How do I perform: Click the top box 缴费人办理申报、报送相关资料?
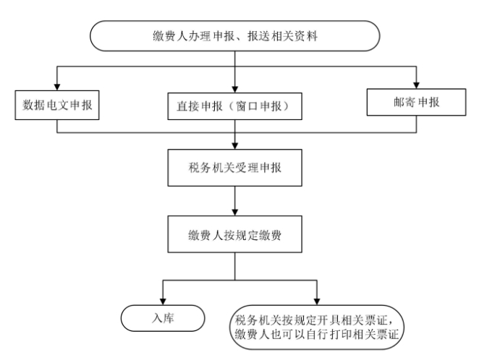pyautogui.click(x=234, y=35)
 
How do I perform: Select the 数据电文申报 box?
pyautogui.click(x=57, y=105)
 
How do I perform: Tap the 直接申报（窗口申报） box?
pyautogui.click(x=234, y=106)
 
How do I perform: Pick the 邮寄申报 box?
pyautogui.click(x=416, y=102)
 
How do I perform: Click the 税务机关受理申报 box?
pyautogui.click(x=234, y=168)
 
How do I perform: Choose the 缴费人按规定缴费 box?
pyautogui.click(x=234, y=234)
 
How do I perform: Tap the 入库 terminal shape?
pyautogui.click(x=163, y=318)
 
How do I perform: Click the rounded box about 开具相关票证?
pyautogui.click(x=317, y=327)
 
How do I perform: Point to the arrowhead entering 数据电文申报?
pyautogui.click(x=57, y=87)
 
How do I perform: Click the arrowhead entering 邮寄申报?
pyautogui.click(x=417, y=85)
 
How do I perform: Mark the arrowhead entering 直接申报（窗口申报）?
pyautogui.click(x=234, y=89)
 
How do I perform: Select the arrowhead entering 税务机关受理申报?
pyautogui.click(x=234, y=146)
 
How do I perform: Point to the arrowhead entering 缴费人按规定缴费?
pyautogui.click(x=234, y=213)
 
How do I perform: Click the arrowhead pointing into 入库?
pyautogui.click(x=163, y=301)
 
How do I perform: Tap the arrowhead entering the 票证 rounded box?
pyautogui.click(x=317, y=301)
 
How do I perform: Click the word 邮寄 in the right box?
pyautogui.click(x=405, y=102)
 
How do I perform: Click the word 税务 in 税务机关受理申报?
pyautogui.click(x=200, y=168)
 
